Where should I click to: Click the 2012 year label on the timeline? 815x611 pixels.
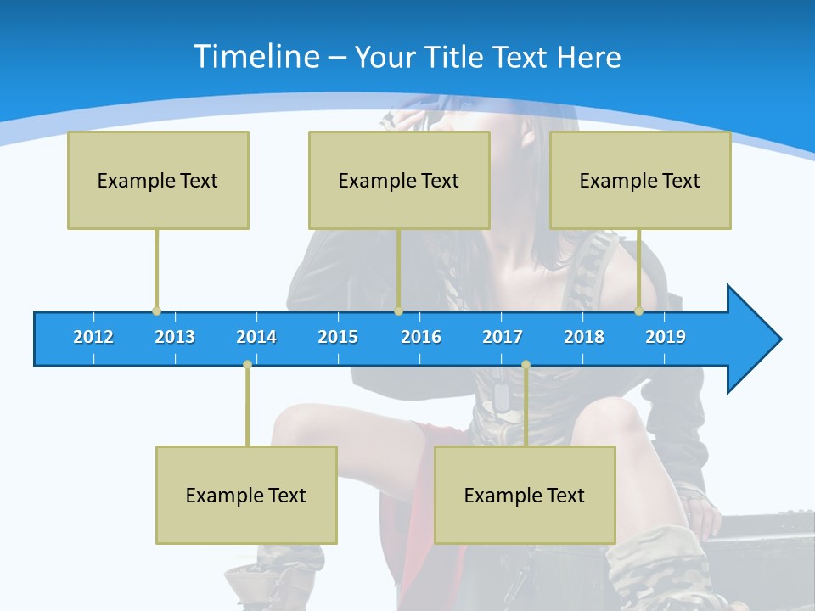coord(93,337)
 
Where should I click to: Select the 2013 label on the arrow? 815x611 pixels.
coord(175,337)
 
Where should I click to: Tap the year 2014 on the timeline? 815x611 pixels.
coord(256,337)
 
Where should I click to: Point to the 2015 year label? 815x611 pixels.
coord(338,337)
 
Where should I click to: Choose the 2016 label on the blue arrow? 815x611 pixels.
coord(421,337)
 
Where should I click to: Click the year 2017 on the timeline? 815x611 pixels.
coord(503,337)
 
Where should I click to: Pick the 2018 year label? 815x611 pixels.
coord(584,337)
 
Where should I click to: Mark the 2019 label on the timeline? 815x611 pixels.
coord(666,337)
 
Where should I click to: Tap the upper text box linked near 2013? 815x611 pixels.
coord(158,180)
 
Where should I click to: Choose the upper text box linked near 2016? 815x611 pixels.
coord(399,180)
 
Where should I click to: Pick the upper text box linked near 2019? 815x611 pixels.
coord(640,180)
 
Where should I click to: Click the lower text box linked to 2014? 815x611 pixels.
coord(246,495)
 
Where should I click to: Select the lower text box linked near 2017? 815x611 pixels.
coord(525,495)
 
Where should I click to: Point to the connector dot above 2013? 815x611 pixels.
coord(156,311)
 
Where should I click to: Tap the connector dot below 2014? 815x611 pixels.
coord(247,364)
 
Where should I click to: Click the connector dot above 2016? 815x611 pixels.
coord(398,311)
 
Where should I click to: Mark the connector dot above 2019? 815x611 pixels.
coord(639,311)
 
